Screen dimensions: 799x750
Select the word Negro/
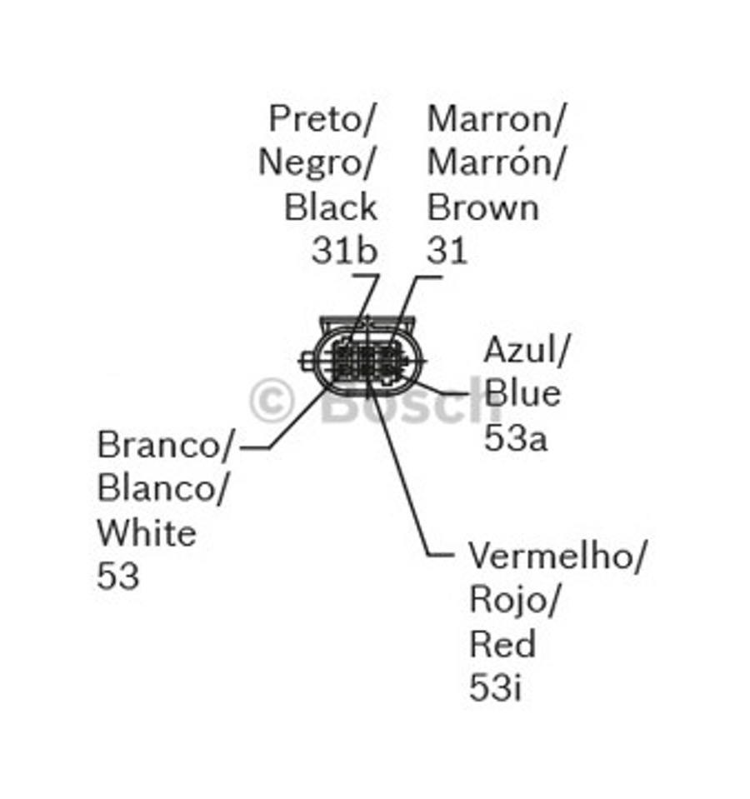(317, 162)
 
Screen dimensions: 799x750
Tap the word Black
(331, 207)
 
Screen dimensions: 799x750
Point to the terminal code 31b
(344, 250)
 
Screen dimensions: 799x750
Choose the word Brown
(482, 207)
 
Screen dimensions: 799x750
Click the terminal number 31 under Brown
(447, 250)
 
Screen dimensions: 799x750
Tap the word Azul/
(526, 350)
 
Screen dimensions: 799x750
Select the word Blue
(522, 393)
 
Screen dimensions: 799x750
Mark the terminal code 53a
(515, 437)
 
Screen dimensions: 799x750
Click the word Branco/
(167, 445)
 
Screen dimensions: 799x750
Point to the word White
(147, 532)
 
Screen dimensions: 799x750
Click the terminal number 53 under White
(117, 576)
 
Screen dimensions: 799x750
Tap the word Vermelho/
(557, 556)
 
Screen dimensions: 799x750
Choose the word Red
(502, 644)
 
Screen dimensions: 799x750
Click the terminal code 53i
(495, 688)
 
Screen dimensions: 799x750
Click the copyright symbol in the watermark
(272, 401)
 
